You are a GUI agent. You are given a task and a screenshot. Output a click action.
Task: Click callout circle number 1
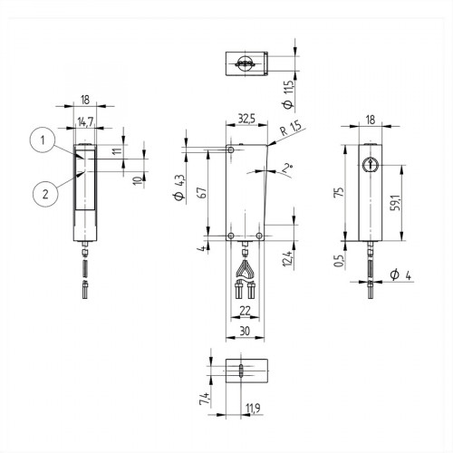(39, 140)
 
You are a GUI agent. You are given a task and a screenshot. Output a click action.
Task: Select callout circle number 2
(39, 191)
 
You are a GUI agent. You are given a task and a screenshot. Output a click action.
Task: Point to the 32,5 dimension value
(245, 117)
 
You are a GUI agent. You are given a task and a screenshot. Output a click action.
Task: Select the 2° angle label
(287, 168)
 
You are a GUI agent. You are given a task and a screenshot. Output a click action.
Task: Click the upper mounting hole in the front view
(233, 149)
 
